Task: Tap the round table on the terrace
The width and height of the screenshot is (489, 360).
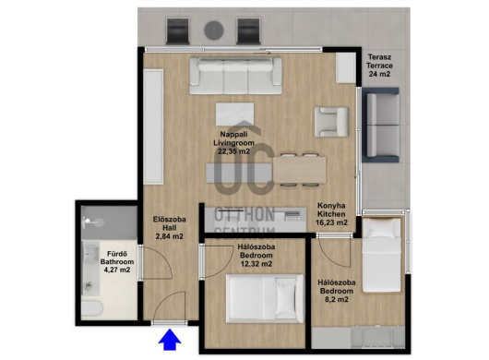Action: pyautogui.click(x=214, y=30)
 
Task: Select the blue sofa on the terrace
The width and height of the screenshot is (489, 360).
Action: pyautogui.click(x=380, y=125)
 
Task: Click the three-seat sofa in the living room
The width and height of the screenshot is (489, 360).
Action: pyautogui.click(x=236, y=76)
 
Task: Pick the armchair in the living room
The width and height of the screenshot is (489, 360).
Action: pyautogui.click(x=331, y=122)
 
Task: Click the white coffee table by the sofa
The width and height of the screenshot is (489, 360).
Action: pyautogui.click(x=235, y=114)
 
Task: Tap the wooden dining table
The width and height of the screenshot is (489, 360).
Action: pyautogui.click(x=299, y=170)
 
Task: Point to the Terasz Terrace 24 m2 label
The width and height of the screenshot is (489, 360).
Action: pyautogui.click(x=379, y=66)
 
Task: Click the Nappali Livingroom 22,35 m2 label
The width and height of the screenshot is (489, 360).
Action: pyautogui.click(x=234, y=143)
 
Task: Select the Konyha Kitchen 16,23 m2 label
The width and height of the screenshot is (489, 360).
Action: pyautogui.click(x=331, y=214)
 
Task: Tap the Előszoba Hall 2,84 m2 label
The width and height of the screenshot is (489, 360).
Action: pyautogui.click(x=170, y=228)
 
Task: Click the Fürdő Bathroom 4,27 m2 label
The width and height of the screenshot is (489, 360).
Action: pyautogui.click(x=117, y=262)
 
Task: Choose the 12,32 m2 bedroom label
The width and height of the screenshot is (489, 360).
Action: pyautogui.click(x=256, y=255)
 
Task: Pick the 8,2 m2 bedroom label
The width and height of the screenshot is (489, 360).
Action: pyautogui.click(x=337, y=291)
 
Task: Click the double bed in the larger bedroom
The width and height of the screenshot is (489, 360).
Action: pyautogui.click(x=265, y=298)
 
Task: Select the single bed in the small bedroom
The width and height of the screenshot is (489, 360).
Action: pyautogui.click(x=381, y=255)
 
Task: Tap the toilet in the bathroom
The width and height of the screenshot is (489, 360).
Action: pyautogui.click(x=92, y=308)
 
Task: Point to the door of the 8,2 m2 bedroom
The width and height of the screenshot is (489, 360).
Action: pyautogui.click(x=334, y=251)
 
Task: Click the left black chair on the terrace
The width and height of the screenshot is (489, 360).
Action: pyautogui.click(x=177, y=30)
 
